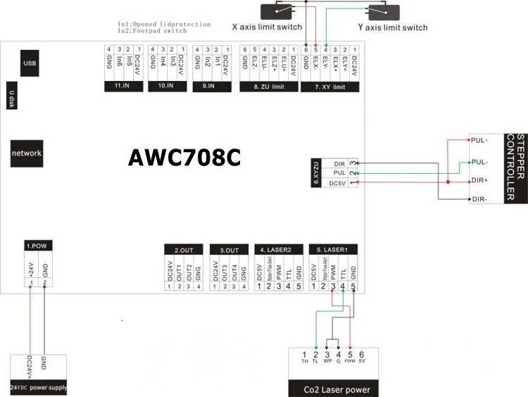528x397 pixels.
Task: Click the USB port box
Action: [x=30, y=63]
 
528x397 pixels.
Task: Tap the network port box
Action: [x=26, y=153]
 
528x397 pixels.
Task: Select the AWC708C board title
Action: [x=184, y=158]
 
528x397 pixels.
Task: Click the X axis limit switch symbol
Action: [x=282, y=11]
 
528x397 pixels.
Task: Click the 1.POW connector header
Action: [x=36, y=246]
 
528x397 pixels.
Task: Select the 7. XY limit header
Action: [x=329, y=87]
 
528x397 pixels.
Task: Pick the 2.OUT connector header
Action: [x=183, y=249]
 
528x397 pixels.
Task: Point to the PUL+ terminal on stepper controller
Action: [x=482, y=139]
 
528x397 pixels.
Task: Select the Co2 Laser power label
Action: [x=337, y=389]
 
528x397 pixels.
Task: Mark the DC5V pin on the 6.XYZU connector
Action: [x=337, y=184]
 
